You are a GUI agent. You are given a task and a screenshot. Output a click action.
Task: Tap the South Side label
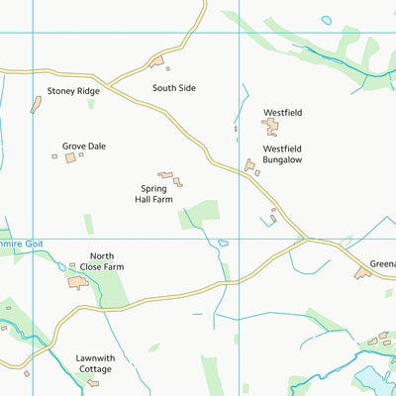[174, 88]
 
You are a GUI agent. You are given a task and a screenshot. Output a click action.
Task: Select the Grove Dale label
[83, 147]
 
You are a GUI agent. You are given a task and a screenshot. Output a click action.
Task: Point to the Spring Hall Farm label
[156, 193]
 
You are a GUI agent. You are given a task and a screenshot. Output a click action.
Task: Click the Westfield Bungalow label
[282, 153]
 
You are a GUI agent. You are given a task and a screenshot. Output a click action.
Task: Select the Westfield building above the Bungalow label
[270, 126]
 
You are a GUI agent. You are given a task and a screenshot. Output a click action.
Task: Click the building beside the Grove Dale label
[71, 157]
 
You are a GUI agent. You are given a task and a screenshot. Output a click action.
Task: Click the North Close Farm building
[78, 282]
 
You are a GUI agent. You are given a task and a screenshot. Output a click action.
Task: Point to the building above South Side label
[155, 62]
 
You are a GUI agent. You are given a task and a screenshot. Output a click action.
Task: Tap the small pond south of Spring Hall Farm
[224, 243]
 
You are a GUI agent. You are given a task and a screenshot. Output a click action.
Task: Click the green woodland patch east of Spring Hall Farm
[201, 212]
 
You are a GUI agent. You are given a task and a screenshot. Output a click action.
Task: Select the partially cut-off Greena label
[382, 264]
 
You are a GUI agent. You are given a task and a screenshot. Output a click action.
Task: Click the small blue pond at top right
[327, 19]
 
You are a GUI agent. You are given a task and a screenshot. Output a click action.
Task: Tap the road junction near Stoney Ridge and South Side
[106, 84]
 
